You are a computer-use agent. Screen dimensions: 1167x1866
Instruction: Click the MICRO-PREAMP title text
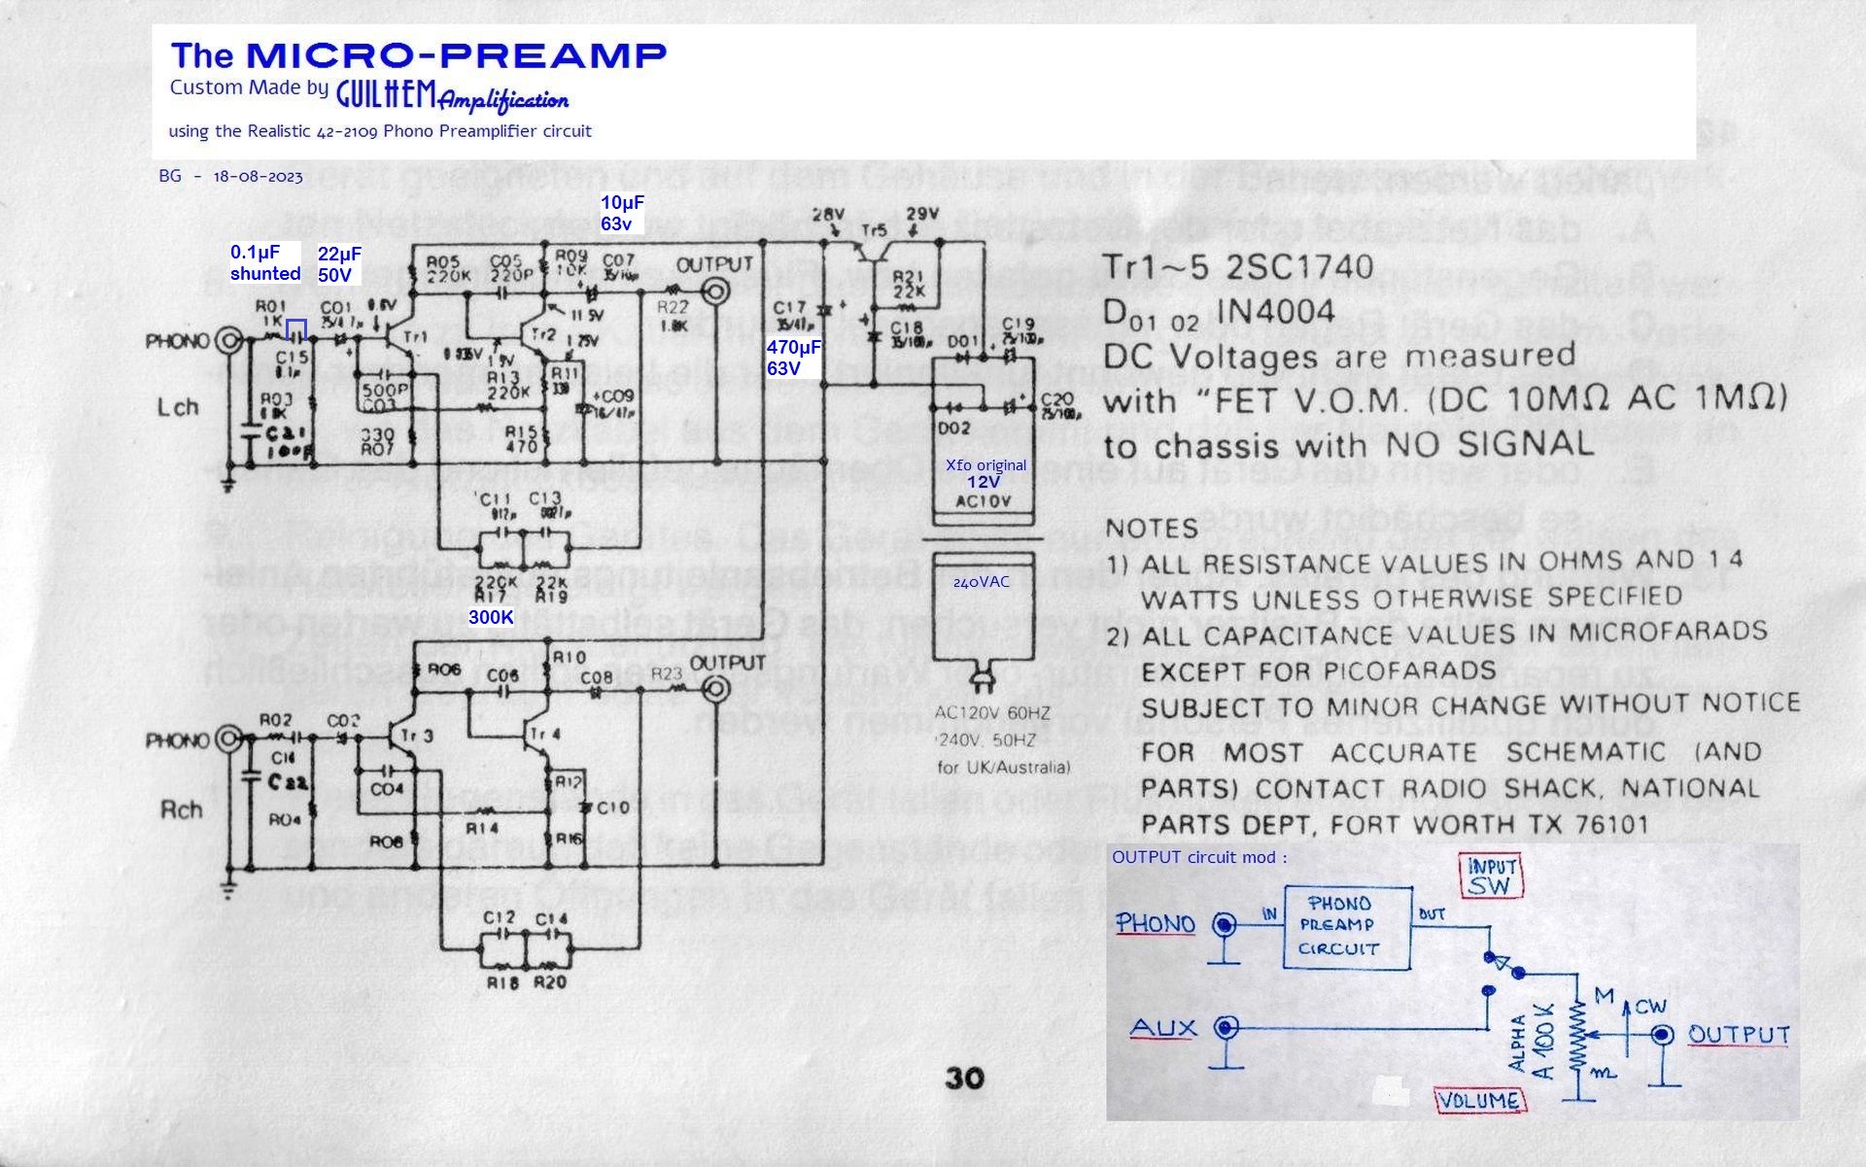(456, 54)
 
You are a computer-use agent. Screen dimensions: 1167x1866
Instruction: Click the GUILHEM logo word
(386, 94)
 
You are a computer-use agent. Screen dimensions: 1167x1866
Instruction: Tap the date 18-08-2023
(258, 177)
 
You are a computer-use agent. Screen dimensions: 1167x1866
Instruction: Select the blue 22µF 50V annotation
(339, 264)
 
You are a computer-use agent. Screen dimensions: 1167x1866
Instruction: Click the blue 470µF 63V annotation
(793, 358)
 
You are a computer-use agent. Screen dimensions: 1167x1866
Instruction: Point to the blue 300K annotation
(491, 617)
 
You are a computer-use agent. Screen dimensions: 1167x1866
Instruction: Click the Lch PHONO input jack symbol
(229, 340)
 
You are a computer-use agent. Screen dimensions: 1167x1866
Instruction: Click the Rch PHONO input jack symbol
(229, 739)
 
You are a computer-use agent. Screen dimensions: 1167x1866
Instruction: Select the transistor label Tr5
(874, 230)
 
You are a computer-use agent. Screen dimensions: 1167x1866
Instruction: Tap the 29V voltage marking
(921, 214)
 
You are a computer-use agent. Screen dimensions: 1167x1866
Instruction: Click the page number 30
(963, 1078)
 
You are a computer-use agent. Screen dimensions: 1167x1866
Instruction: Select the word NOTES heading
(1152, 529)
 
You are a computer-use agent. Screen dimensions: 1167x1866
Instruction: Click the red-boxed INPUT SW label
(1491, 875)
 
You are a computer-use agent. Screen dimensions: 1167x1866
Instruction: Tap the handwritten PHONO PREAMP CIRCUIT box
(1346, 927)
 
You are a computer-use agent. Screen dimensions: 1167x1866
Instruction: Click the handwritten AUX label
(1163, 1028)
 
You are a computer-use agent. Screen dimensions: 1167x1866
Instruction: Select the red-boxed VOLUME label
(1479, 1101)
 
